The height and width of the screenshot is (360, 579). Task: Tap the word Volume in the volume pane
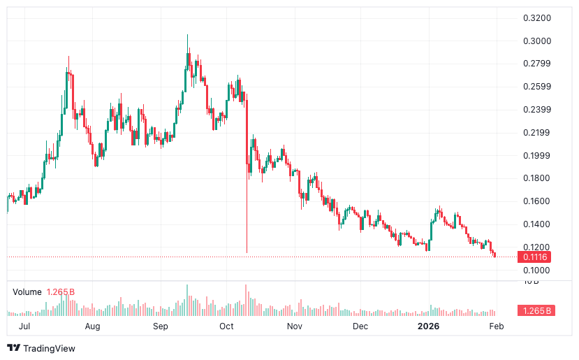tap(27, 291)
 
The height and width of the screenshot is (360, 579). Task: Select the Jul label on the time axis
tap(24, 326)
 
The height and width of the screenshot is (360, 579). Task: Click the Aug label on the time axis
tap(92, 326)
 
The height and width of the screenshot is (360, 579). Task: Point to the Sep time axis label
tap(161, 326)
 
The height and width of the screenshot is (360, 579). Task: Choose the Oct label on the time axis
tap(226, 326)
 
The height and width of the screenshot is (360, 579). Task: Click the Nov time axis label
tap(295, 326)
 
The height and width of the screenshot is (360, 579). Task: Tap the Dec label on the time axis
tap(360, 326)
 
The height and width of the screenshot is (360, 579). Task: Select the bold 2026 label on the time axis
tap(427, 326)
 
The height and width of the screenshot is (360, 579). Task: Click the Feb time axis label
tap(497, 326)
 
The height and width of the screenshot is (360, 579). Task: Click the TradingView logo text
tap(48, 348)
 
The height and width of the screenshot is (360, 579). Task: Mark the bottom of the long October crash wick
tap(247, 252)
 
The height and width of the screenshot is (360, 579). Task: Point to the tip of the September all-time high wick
tap(187, 35)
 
